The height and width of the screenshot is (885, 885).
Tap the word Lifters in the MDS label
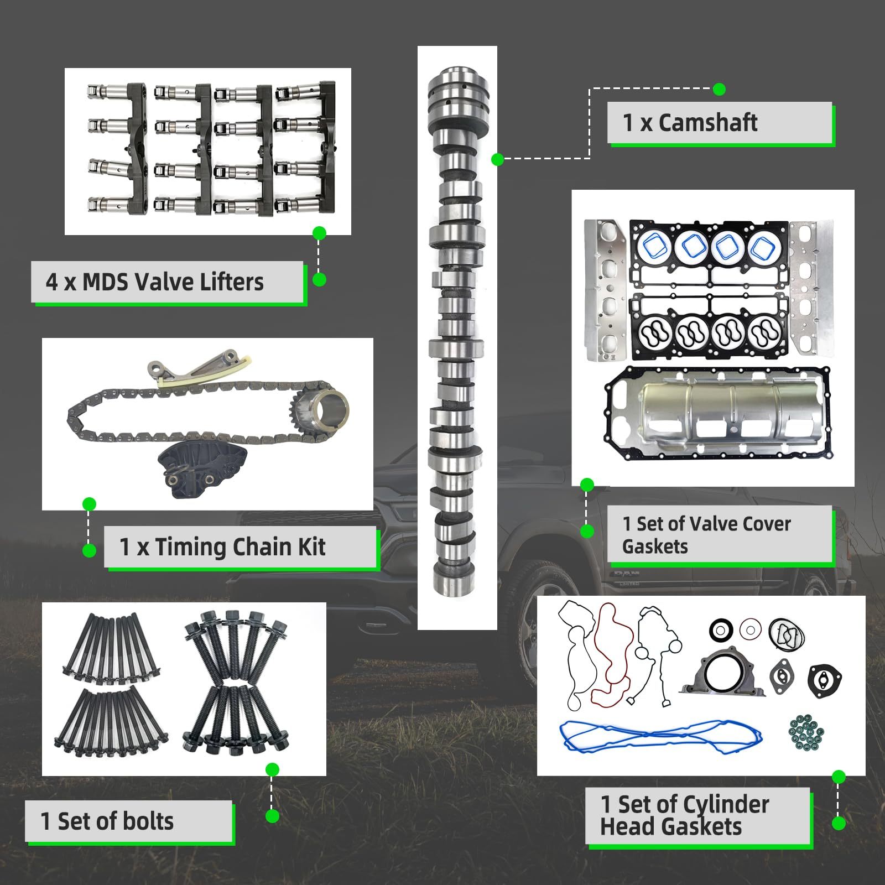coord(231,282)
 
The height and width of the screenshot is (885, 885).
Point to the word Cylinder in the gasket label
coord(726,805)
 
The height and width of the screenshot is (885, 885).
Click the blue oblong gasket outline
coord(661,736)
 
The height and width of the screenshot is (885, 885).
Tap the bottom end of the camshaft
coord(455,581)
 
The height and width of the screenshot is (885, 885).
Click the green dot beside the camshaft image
coord(497,160)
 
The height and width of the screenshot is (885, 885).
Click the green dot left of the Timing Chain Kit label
coord(89,550)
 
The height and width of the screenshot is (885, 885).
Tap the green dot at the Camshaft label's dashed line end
coord(719,89)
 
